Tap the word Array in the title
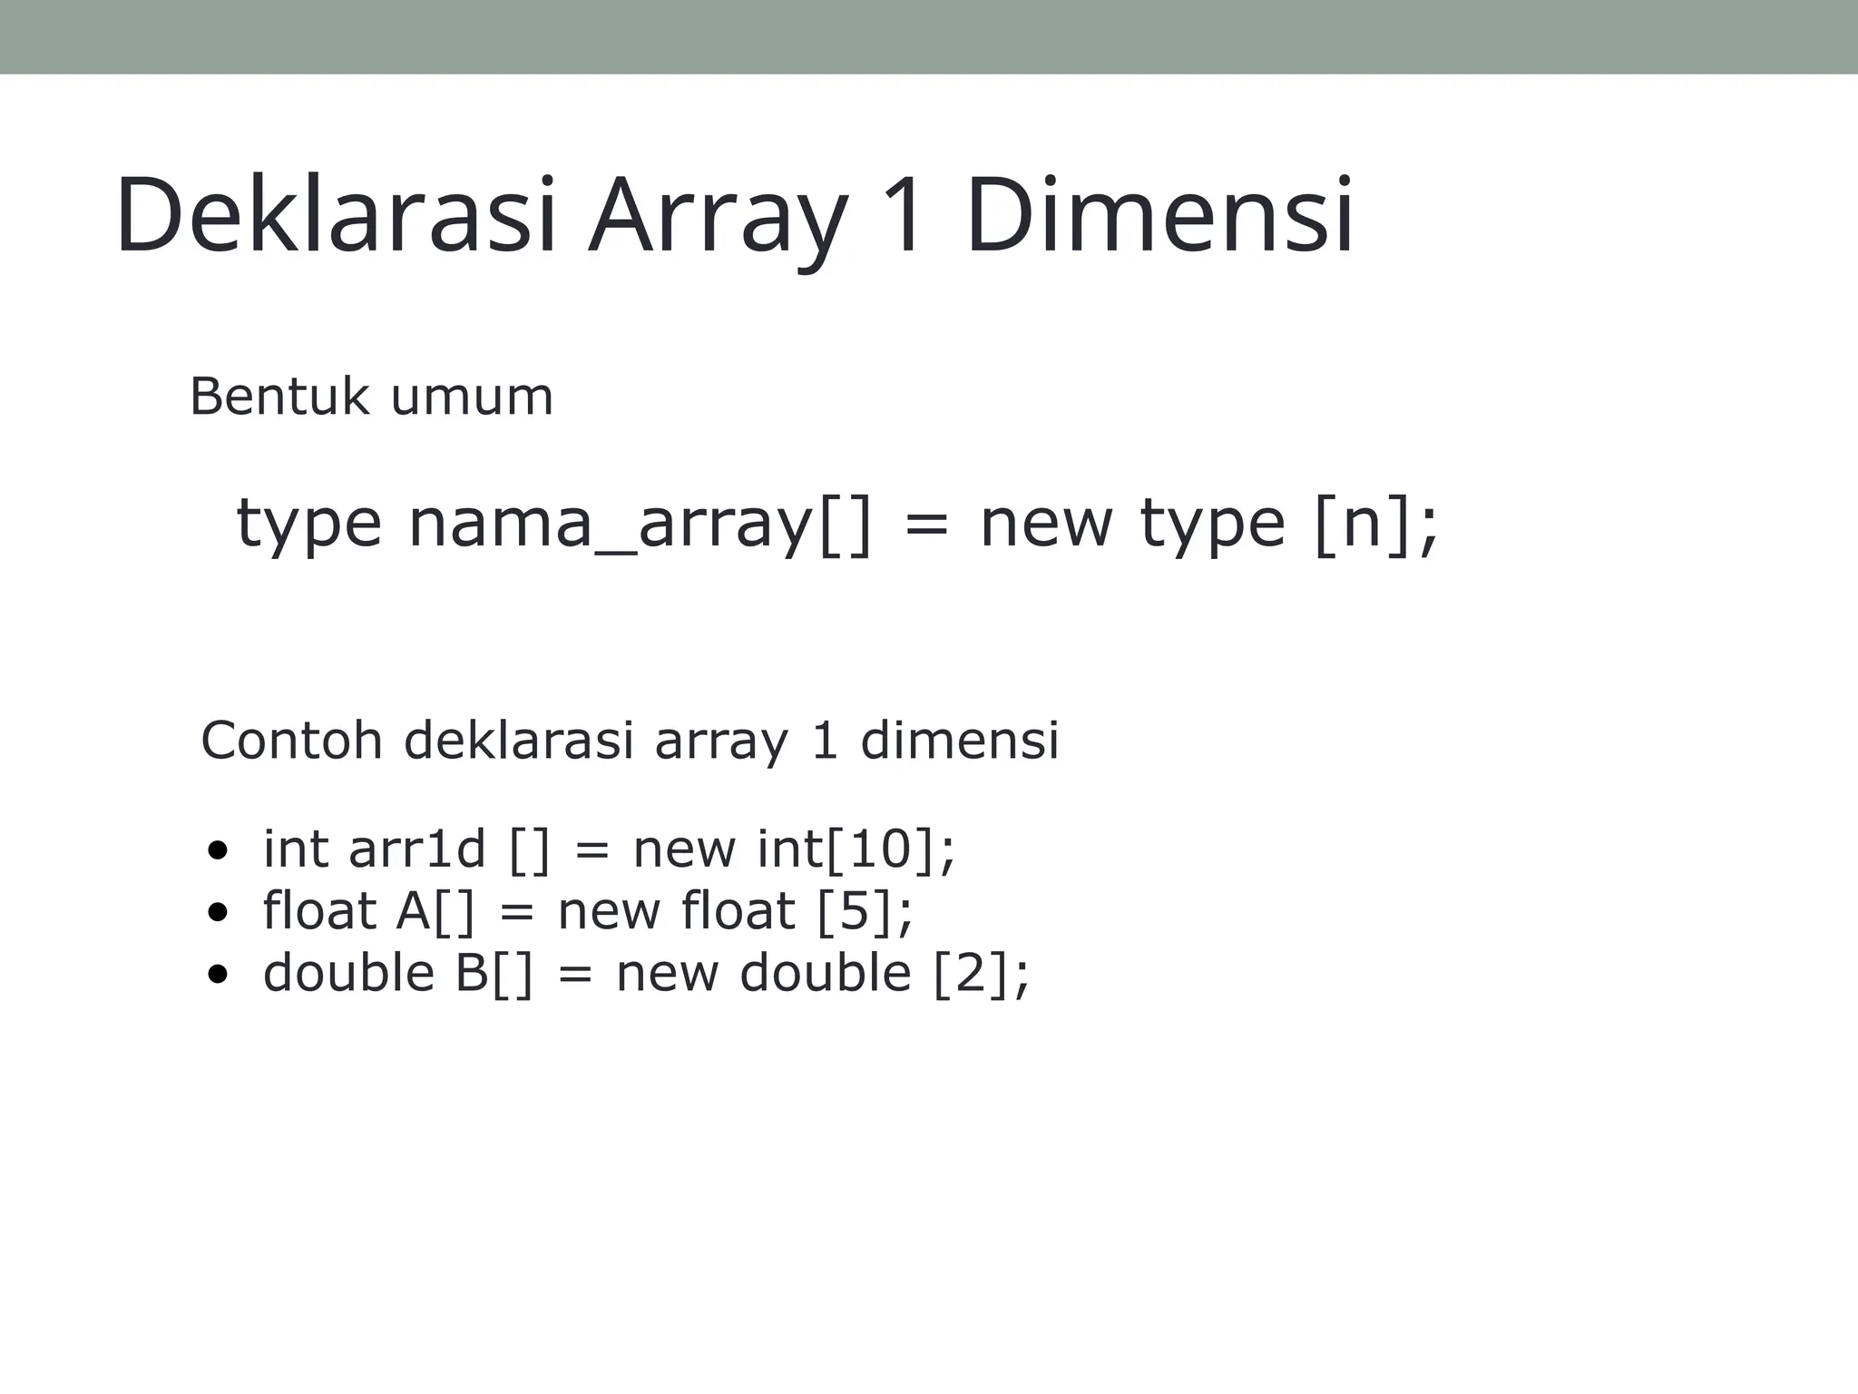click(x=717, y=218)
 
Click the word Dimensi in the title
click(x=1159, y=216)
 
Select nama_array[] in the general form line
click(x=641, y=525)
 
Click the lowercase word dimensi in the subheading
click(x=960, y=740)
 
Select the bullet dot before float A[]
click(x=217, y=913)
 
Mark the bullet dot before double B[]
click(x=217, y=975)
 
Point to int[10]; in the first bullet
click(x=856, y=849)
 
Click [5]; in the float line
click(x=865, y=911)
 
